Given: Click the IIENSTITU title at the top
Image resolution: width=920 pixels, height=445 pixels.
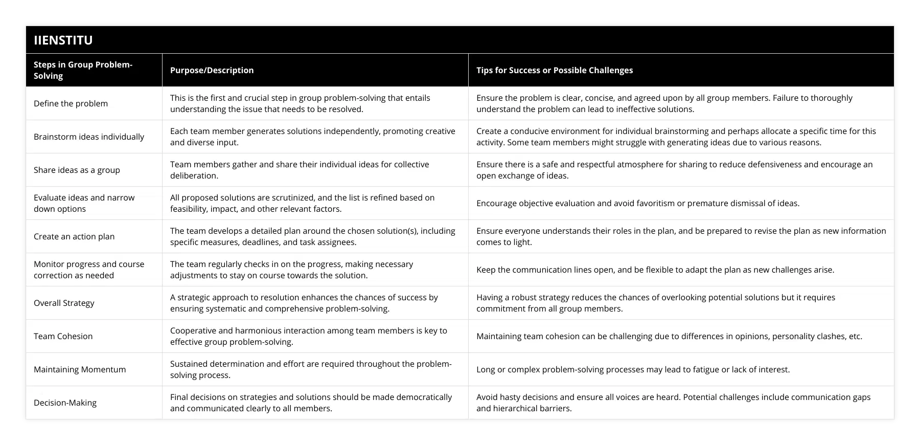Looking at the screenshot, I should (x=63, y=40).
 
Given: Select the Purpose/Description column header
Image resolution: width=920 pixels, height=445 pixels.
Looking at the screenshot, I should (x=212, y=70).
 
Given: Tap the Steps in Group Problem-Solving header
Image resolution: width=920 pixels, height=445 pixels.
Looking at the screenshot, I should (x=83, y=70).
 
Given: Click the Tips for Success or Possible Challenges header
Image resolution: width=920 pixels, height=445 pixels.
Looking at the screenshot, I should (x=554, y=70).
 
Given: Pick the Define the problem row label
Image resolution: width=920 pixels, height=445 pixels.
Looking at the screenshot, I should (x=71, y=103).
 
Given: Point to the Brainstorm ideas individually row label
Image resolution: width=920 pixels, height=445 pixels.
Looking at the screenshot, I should (x=89, y=137).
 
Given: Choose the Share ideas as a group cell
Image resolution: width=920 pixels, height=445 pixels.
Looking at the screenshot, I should (x=77, y=170).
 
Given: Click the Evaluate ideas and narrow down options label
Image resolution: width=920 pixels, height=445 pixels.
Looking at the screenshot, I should (x=84, y=203).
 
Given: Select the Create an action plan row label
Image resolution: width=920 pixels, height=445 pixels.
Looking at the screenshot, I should (x=74, y=236).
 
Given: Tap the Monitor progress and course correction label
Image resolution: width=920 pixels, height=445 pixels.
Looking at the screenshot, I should (x=89, y=270).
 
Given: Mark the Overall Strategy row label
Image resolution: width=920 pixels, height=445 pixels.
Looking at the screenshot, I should (x=64, y=303).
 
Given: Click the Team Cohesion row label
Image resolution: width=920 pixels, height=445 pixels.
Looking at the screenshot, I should (x=63, y=336).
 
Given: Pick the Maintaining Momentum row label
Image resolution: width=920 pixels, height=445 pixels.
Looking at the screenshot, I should (x=80, y=369).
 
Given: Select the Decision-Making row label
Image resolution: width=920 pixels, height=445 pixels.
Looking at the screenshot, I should (x=65, y=403).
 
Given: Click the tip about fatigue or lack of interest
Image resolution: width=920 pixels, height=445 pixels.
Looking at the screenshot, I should (x=633, y=369).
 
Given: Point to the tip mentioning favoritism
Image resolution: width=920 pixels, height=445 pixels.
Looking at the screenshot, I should (x=637, y=203).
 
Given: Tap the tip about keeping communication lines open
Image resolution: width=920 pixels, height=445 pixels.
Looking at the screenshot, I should (x=655, y=270).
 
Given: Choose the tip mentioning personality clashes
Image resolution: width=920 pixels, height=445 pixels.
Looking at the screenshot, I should (x=669, y=336).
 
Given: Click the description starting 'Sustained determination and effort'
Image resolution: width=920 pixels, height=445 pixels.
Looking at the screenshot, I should (x=311, y=369).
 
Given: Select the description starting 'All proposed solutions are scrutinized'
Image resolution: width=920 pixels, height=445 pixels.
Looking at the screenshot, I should (x=302, y=203).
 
